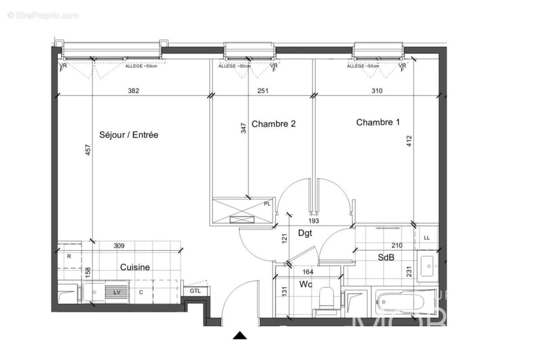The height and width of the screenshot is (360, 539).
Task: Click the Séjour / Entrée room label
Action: pyautogui.click(x=128, y=135)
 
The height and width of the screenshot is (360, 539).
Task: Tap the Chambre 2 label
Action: pyautogui.click(x=273, y=124)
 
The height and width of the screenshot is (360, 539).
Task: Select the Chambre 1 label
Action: pyautogui.click(x=377, y=122)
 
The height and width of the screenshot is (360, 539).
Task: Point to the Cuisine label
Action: pyautogui.click(x=135, y=267)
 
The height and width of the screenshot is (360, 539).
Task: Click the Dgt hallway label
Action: pyautogui.click(x=305, y=233)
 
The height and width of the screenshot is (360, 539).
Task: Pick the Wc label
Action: pyautogui.click(x=306, y=284)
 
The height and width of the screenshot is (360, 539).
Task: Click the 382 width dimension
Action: pyautogui.click(x=134, y=90)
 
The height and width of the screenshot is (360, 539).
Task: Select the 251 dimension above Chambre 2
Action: pyautogui.click(x=263, y=90)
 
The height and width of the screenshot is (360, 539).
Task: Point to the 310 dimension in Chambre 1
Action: pyautogui.click(x=377, y=90)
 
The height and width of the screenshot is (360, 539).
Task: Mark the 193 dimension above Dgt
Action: pyautogui.click(x=313, y=221)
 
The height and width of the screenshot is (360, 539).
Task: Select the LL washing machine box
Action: pyautogui.click(x=427, y=237)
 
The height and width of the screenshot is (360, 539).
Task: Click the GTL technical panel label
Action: pyautogui.click(x=195, y=291)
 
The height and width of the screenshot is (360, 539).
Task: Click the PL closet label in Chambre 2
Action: pyautogui.click(x=267, y=204)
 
